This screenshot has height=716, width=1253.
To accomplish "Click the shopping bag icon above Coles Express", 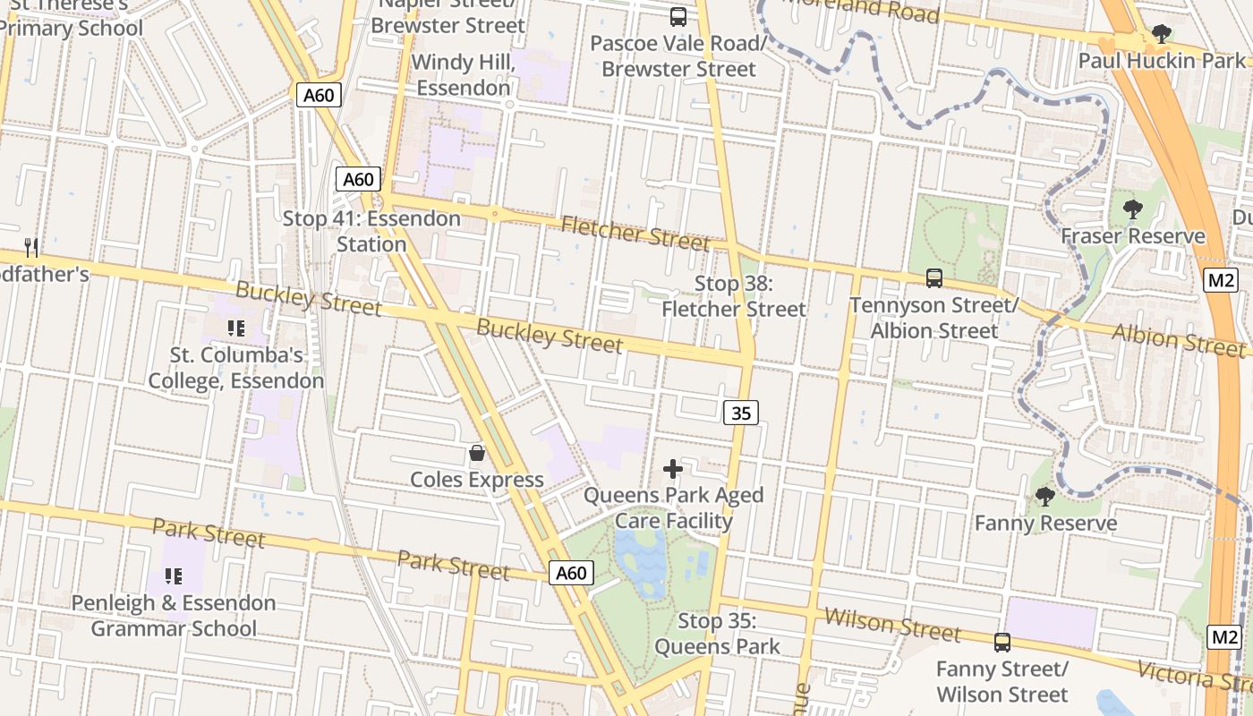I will pyautogui.click(x=477, y=454).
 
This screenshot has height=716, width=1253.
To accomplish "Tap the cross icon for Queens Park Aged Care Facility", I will pyautogui.click(x=673, y=468).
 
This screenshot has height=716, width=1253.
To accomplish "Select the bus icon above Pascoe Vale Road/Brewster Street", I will pyautogui.click(x=678, y=16).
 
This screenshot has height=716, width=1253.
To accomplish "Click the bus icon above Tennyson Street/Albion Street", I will pyautogui.click(x=934, y=278).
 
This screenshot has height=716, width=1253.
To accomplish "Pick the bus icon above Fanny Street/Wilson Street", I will pyautogui.click(x=1002, y=642).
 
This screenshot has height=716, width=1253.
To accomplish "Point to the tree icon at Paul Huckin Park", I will pyautogui.click(x=1162, y=35).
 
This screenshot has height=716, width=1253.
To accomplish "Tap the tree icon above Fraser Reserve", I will pyautogui.click(x=1133, y=210).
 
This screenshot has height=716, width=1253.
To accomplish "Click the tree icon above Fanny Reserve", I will pyautogui.click(x=1044, y=497).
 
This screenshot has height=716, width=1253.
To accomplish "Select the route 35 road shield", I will pyautogui.click(x=741, y=413).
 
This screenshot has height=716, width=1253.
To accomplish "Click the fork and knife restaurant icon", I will pyautogui.click(x=31, y=247).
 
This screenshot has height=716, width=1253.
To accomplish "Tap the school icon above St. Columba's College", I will pyautogui.click(x=236, y=328).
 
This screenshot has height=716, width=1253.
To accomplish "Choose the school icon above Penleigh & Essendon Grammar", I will pyautogui.click(x=174, y=575).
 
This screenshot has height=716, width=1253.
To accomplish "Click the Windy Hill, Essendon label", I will pyautogui.click(x=463, y=76).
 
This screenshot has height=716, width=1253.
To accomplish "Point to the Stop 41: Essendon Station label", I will pyautogui.click(x=371, y=231).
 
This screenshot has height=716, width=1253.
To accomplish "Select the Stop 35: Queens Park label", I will pyautogui.click(x=717, y=634).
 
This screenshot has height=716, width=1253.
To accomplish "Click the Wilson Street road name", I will pyautogui.click(x=891, y=624).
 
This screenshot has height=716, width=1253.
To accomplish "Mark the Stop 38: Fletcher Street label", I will pyautogui.click(x=734, y=296).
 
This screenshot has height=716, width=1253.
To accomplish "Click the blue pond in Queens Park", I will pyautogui.click(x=641, y=559).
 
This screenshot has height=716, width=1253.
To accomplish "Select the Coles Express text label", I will pyautogui.click(x=477, y=480).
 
